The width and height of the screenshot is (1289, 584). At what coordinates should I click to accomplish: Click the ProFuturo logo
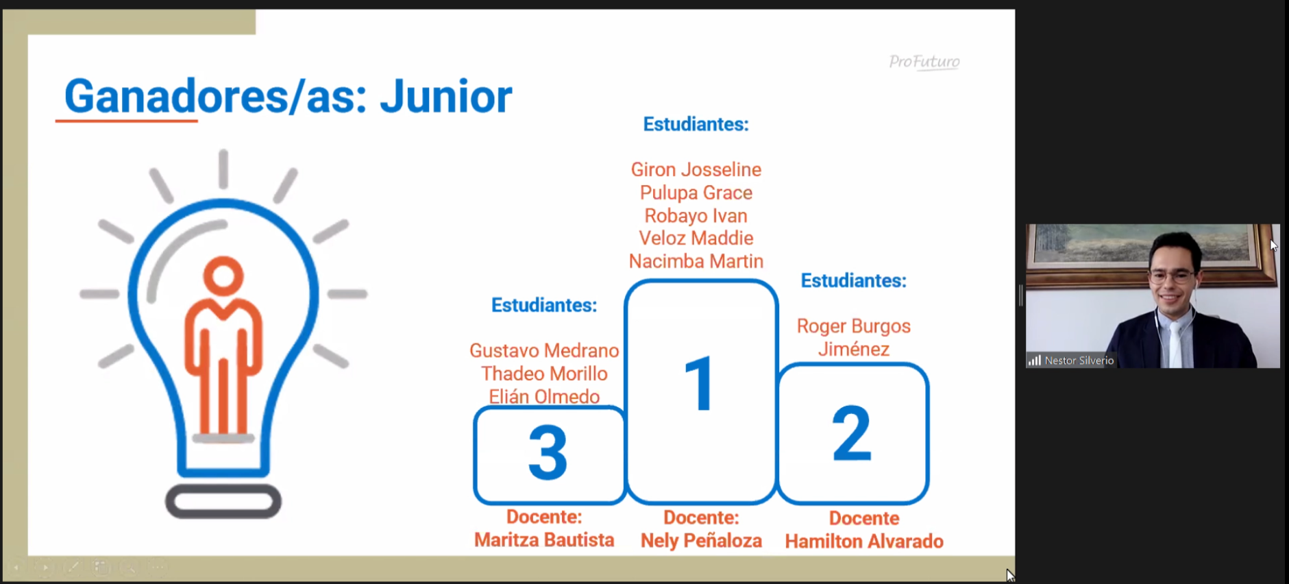pyautogui.click(x=924, y=62)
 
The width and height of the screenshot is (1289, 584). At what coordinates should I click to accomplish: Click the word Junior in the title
pyautogui.click(x=446, y=96)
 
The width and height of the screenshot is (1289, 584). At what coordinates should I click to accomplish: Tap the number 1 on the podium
pyautogui.click(x=700, y=384)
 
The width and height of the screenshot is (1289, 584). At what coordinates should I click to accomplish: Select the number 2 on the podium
pyautogui.click(x=852, y=433)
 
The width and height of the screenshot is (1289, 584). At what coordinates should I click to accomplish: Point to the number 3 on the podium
pyautogui.click(x=548, y=452)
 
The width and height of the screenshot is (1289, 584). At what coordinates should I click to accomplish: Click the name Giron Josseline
pyautogui.click(x=696, y=169)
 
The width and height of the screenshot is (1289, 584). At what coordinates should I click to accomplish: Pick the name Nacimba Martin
pyautogui.click(x=696, y=261)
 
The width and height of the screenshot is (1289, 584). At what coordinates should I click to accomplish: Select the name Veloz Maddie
pyautogui.click(x=696, y=238)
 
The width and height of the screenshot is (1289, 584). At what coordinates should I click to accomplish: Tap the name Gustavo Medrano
pyautogui.click(x=544, y=350)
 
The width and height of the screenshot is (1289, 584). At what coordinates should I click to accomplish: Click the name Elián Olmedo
pyautogui.click(x=544, y=396)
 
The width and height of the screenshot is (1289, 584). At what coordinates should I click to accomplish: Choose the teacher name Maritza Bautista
pyautogui.click(x=544, y=540)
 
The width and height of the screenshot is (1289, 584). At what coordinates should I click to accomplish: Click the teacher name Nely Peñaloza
pyautogui.click(x=701, y=541)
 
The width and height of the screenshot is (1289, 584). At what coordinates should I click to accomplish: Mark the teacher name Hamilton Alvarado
pyautogui.click(x=864, y=542)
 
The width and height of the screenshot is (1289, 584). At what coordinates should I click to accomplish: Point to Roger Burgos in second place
pyautogui.click(x=854, y=326)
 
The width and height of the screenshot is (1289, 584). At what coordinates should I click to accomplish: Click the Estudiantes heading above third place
pyautogui.click(x=544, y=305)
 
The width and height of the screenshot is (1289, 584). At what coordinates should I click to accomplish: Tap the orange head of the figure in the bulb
pyautogui.click(x=223, y=276)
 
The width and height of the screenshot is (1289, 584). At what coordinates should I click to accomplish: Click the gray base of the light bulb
pyautogui.click(x=223, y=501)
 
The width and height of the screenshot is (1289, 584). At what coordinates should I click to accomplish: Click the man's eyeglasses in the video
pyautogui.click(x=1173, y=277)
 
